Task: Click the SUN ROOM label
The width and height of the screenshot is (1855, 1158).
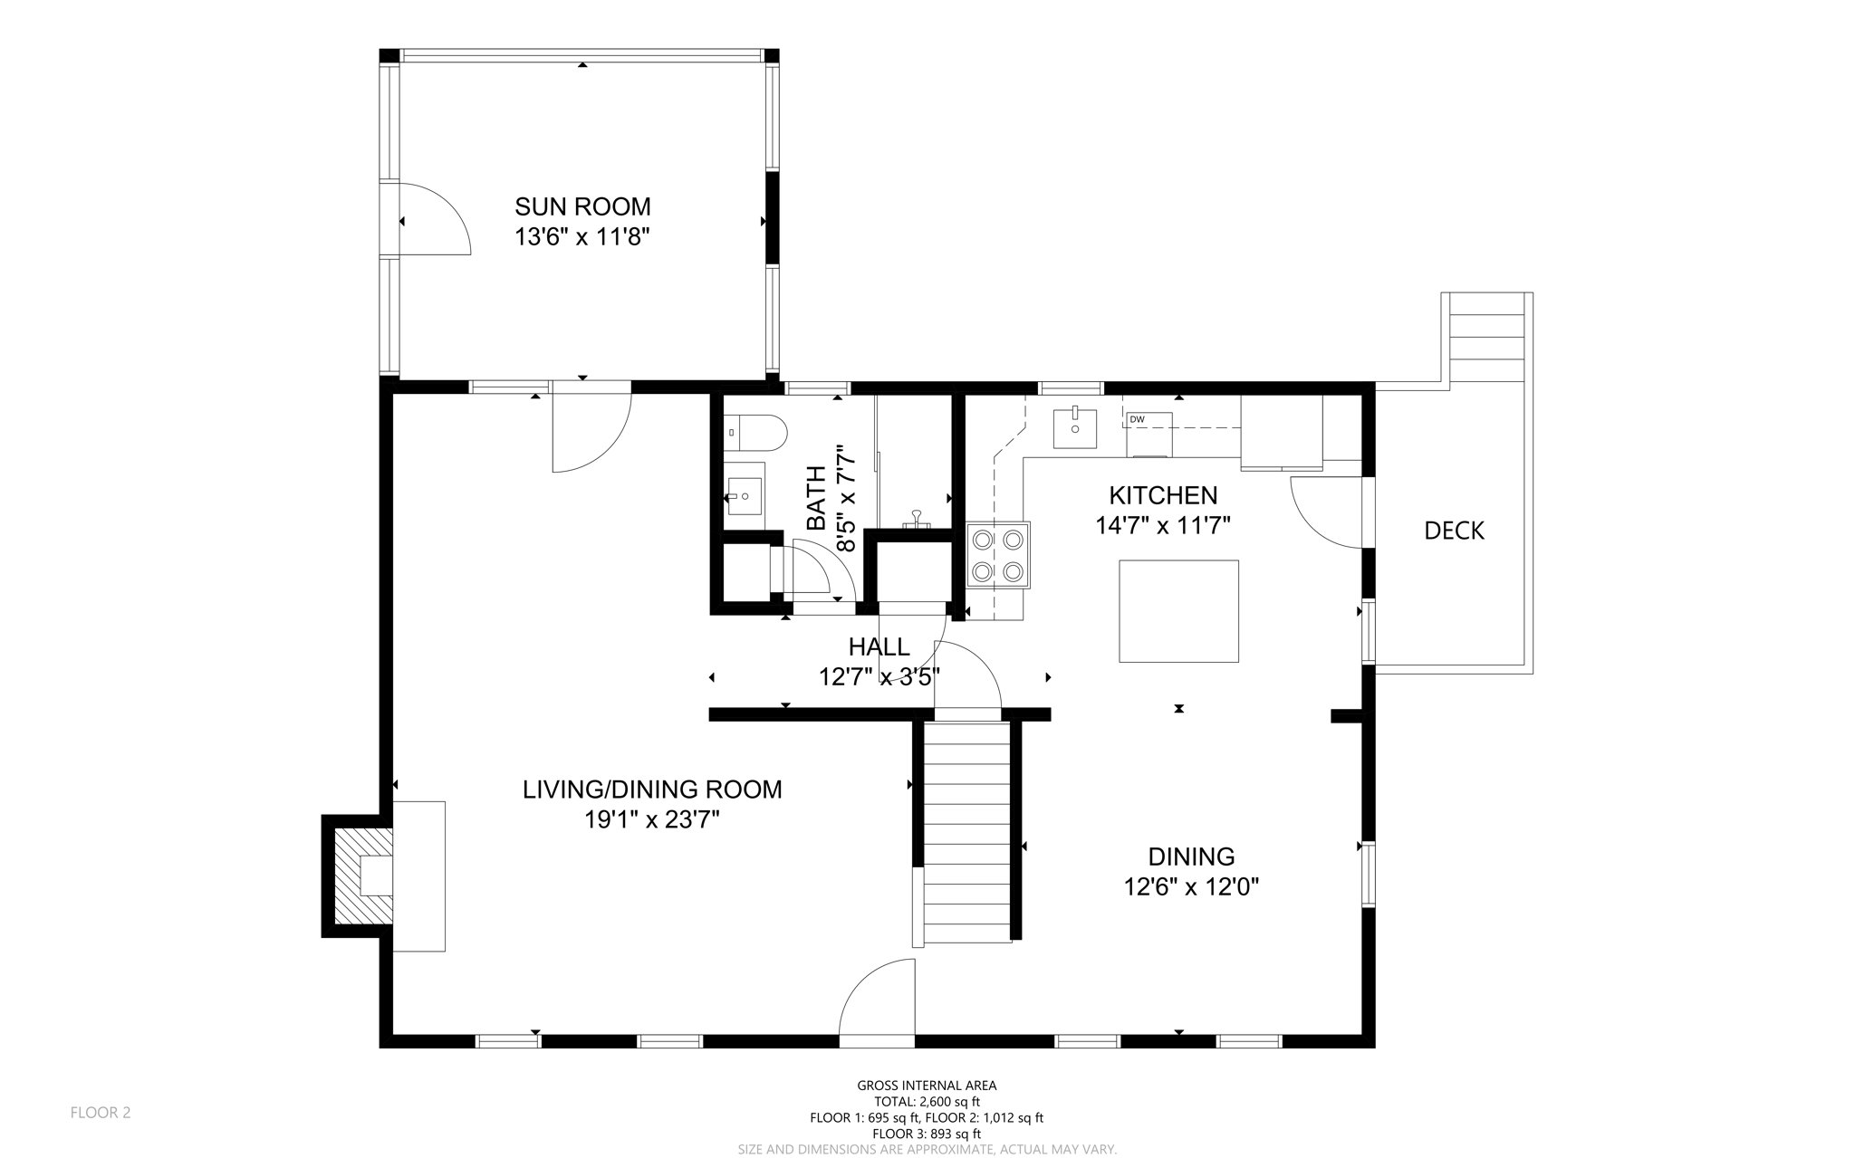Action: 582,206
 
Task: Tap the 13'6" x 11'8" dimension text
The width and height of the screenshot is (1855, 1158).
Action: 582,237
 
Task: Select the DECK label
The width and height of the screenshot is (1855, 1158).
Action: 1454,531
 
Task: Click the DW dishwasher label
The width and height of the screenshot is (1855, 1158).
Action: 1137,419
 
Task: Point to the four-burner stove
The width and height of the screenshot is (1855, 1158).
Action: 998,555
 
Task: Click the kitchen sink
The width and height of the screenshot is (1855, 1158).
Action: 1075,429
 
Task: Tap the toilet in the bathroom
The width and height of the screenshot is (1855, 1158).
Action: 755,433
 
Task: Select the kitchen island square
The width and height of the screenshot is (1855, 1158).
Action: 1178,611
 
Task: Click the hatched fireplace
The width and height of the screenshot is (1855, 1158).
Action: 363,876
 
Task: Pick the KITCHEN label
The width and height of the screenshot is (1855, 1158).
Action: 1163,495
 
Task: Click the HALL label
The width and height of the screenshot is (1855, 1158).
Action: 879,646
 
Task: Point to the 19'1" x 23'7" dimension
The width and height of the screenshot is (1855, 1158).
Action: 652,820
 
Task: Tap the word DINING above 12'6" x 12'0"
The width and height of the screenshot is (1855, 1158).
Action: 1191,856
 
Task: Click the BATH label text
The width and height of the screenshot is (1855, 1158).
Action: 816,498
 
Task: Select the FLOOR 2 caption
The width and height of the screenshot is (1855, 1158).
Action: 101,1113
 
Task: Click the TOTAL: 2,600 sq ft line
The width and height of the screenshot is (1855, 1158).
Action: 927,1102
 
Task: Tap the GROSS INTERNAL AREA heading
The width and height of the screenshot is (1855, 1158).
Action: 927,1086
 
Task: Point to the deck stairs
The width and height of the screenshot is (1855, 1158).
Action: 1486,337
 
